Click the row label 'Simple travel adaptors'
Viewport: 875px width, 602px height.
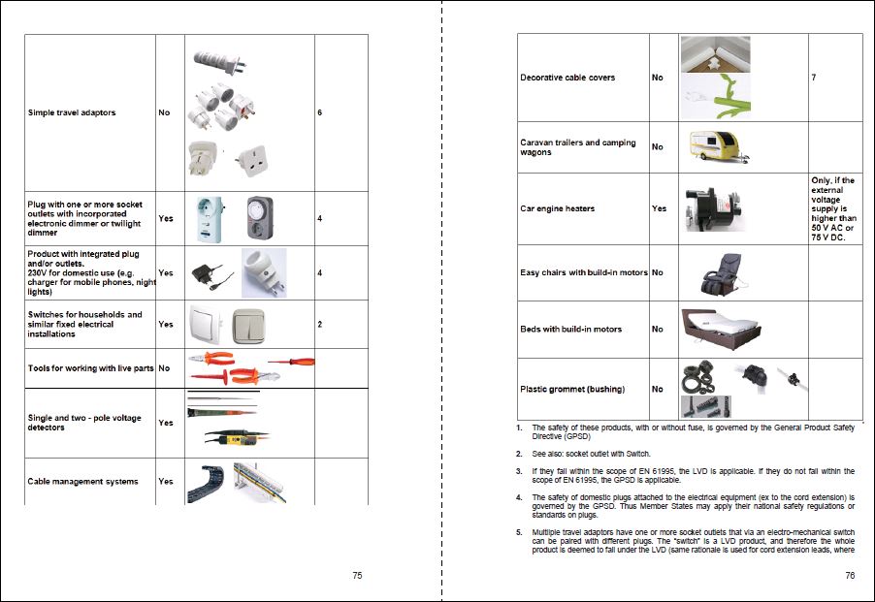pos(71,112)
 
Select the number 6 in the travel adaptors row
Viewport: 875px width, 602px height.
pos(319,112)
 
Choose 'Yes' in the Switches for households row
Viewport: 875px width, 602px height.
pos(165,325)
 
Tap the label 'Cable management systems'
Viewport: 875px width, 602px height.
pos(82,481)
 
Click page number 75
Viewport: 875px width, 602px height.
pos(357,575)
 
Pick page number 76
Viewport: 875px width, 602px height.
pos(850,575)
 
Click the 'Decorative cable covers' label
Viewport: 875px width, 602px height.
pos(567,78)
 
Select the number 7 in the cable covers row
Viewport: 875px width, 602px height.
pos(813,78)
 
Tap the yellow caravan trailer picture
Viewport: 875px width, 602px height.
pos(720,147)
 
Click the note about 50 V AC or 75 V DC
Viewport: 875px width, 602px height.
pos(833,208)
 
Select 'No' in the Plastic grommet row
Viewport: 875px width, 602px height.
pos(658,389)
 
